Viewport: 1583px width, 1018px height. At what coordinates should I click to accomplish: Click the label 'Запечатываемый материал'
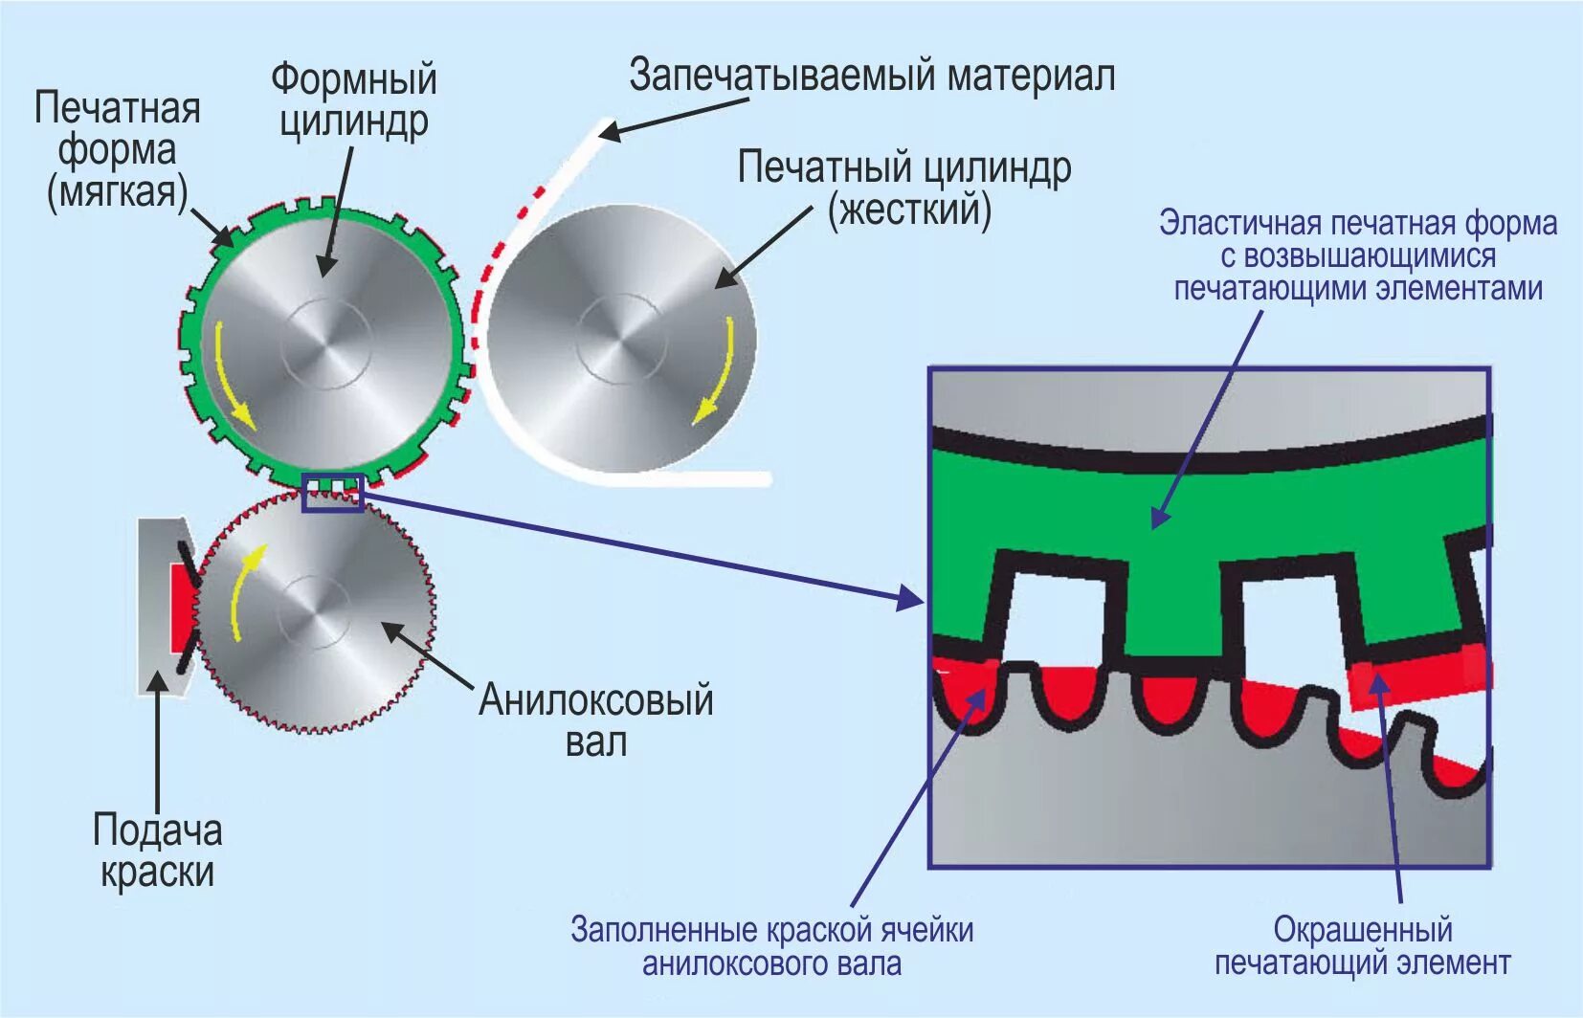[x=872, y=76]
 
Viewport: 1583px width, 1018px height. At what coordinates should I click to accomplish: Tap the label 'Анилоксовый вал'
[x=595, y=720]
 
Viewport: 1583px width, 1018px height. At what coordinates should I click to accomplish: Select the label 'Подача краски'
[x=158, y=851]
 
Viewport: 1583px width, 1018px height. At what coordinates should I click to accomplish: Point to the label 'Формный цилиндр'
[x=353, y=100]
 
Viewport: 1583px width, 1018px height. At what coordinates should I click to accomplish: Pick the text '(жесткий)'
[x=909, y=210]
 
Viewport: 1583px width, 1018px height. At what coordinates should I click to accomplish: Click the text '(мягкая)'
[x=117, y=192]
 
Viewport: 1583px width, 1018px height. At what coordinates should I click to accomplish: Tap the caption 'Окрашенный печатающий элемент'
[x=1362, y=945]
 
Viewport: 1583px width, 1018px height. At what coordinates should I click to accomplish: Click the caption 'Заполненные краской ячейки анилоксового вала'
[x=771, y=945]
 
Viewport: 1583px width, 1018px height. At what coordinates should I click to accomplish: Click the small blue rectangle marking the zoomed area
[x=332, y=492]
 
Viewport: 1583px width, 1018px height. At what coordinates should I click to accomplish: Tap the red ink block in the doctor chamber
[x=181, y=608]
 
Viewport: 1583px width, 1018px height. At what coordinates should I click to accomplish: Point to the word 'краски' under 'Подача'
[x=158, y=873]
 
